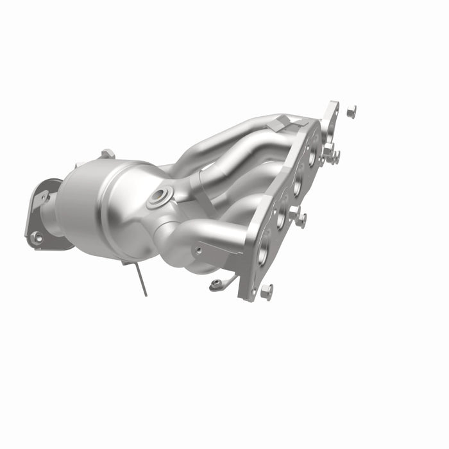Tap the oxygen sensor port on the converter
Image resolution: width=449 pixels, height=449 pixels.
pos(158,197)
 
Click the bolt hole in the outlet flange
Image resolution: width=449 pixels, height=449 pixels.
pos(37,237)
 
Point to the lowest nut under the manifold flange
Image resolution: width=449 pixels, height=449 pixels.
pos(267,291)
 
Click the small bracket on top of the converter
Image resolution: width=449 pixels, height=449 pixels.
pos(107,153)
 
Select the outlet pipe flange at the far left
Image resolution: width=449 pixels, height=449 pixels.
pos(42,215)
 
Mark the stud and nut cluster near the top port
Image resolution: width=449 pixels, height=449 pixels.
pos(330,155)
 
